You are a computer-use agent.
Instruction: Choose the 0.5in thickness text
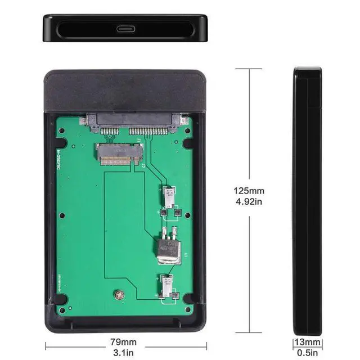pos(307,353)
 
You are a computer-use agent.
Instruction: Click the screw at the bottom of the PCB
pos(118,293)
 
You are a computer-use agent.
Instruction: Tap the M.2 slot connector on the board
pos(119,154)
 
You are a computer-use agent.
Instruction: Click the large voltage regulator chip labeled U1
pos(168,247)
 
